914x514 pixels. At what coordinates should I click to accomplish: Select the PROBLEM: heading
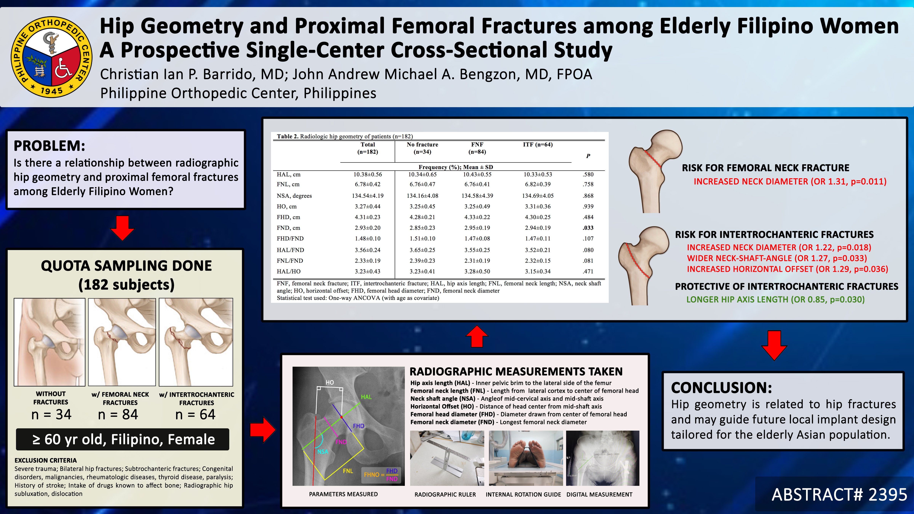49,146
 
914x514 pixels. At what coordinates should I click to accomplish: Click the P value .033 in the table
588,228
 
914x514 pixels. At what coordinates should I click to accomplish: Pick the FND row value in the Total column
368,228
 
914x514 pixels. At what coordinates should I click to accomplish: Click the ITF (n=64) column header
538,144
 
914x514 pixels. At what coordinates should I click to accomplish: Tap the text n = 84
118,414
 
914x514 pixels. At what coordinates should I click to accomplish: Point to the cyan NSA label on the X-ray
323,452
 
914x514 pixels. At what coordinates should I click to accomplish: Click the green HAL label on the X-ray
366,397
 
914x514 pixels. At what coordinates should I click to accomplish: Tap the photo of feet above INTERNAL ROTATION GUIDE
526,458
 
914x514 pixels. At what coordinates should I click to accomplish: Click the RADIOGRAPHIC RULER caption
445,495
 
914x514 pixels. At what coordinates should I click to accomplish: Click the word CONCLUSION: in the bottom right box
721,388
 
